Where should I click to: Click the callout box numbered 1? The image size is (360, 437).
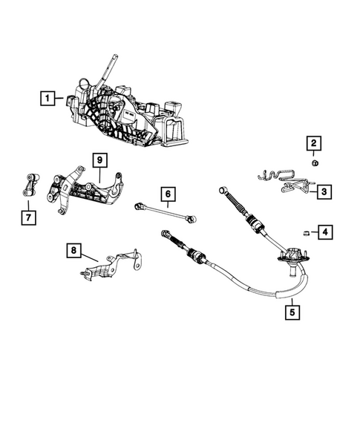pos(48,97)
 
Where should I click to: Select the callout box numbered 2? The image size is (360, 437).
pos(313,143)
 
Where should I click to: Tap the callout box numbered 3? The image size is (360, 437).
pos(324,193)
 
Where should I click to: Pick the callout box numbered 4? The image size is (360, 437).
pos(325,233)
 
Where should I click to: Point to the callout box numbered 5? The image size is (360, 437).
pos(293,312)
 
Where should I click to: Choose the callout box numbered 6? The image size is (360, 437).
pos(168,195)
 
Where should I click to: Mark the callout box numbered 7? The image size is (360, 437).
pos(27,217)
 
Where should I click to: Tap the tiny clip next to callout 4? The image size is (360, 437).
pos(305,233)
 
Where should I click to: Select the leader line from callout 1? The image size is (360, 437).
pos(62,97)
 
